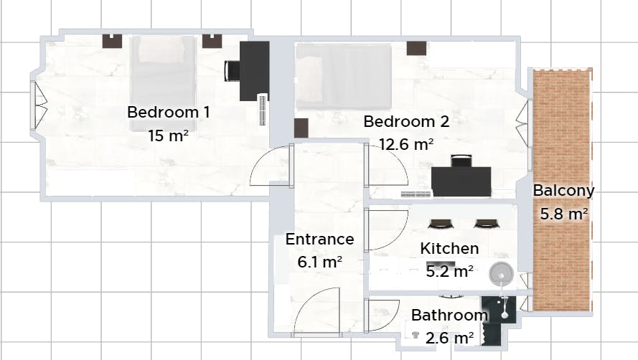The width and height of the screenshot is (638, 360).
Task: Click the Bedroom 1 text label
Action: click(169, 113)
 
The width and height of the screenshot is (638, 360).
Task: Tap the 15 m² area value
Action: click(168, 135)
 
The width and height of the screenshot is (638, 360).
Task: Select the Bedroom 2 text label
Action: click(406, 122)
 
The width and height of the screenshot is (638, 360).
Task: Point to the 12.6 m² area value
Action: click(406, 144)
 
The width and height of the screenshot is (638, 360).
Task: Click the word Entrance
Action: click(319, 240)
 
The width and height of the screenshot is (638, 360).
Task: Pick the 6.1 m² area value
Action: click(319, 262)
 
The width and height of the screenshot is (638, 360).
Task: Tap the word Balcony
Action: click(563, 191)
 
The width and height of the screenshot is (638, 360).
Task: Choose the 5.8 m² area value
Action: click(563, 213)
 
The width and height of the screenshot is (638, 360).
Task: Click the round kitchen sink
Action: click(501, 273)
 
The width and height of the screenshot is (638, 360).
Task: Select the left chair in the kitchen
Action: click(440, 223)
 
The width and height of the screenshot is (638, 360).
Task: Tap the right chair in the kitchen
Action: click(485, 223)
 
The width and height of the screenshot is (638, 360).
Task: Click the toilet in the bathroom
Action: click(416, 333)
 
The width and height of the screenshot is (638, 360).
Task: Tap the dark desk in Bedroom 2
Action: click(461, 181)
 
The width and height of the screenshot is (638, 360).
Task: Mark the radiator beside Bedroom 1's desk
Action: click(263, 110)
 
